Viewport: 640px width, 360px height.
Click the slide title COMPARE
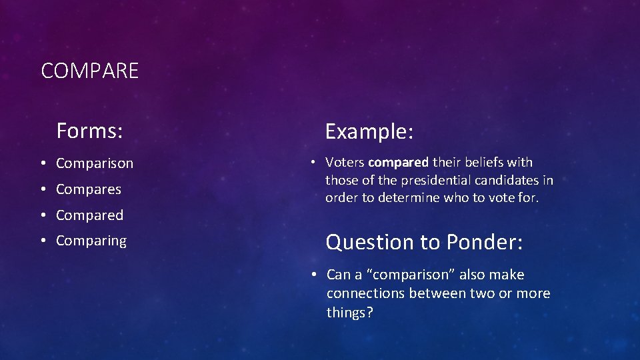[x=90, y=71]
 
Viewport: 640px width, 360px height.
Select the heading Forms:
[x=89, y=131]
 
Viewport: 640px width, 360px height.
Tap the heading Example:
[x=369, y=132]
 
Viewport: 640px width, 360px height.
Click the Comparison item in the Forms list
[x=95, y=163]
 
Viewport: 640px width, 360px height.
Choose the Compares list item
[x=89, y=189]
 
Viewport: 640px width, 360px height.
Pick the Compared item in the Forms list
[x=89, y=215]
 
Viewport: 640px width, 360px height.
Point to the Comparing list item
[x=91, y=241]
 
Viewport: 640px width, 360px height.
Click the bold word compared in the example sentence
[x=398, y=162]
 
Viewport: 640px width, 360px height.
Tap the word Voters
[x=345, y=162]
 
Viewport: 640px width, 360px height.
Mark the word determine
[x=410, y=198]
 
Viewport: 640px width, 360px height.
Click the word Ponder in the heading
[x=485, y=242]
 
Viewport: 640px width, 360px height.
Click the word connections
[x=366, y=293]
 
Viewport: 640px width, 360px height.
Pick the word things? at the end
[x=350, y=312]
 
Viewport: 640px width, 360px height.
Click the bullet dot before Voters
[x=312, y=163]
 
